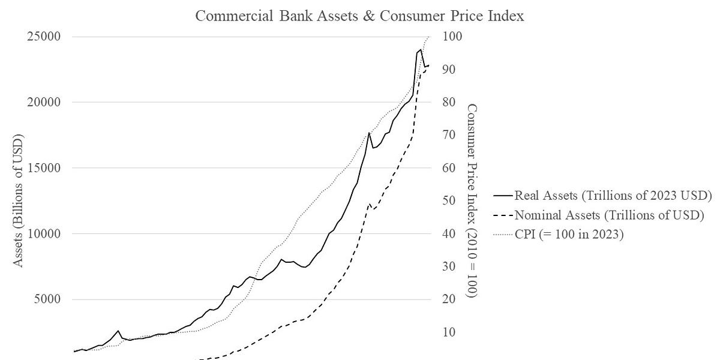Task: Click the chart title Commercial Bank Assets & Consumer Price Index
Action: pyautogui.click(x=360, y=16)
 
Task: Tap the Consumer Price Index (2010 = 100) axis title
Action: pyautogui.click(x=472, y=201)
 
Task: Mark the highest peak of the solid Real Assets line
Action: pyautogui.click(x=420, y=50)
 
